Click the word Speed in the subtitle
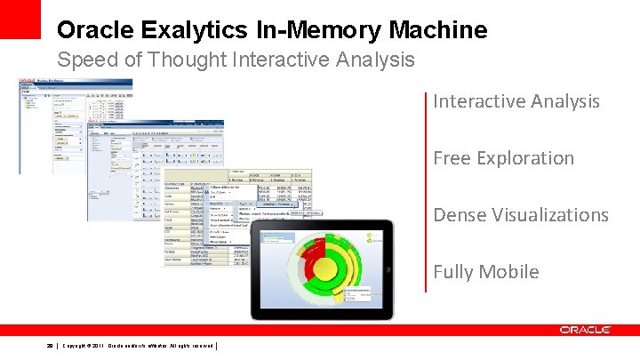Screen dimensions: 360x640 pos(85,60)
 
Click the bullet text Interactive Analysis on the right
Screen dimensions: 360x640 pos(516,101)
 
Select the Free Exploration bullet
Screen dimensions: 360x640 pos(503,158)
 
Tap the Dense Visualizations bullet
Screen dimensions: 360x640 pos(521,215)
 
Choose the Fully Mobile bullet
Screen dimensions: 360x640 pos(485,272)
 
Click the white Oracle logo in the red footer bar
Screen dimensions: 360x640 pos(585,330)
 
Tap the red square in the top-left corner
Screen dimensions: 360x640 pos(20,19)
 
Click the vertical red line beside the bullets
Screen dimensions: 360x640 pos(427,191)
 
